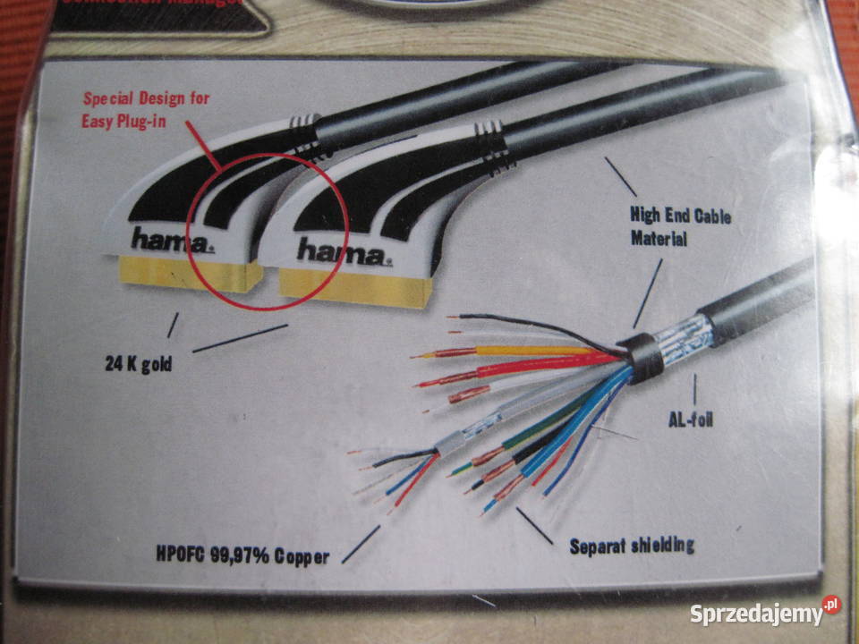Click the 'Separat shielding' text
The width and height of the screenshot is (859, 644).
pos(632,545)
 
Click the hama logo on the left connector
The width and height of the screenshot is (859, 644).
pos(172,240)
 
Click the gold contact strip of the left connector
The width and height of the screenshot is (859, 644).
pos(183,275)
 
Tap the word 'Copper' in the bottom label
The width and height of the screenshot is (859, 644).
pos(300,556)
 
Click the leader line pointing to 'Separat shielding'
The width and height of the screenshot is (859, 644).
pos(534,525)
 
